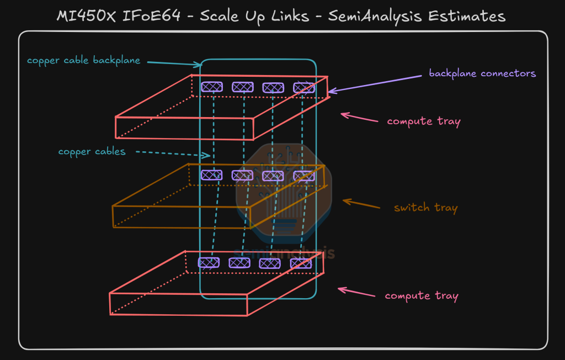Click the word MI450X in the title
tap(86, 16)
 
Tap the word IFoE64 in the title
tap(151, 16)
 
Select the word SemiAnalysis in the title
tap(375, 17)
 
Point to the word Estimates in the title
tap(467, 16)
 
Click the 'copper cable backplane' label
tap(84, 61)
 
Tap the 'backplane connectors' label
tap(482, 73)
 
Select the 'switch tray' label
tap(425, 208)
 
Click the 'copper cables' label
tap(92, 151)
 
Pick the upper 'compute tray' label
tap(424, 121)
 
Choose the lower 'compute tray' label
tap(422, 296)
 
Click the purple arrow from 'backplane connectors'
tap(375, 84)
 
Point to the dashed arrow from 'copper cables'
tap(173, 154)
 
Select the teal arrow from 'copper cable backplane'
tap(174, 63)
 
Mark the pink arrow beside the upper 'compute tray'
tap(359, 117)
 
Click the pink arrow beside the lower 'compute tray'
tap(356, 292)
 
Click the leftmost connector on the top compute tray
tap(212, 87)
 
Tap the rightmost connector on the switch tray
tap(304, 176)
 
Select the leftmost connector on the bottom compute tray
tap(209, 263)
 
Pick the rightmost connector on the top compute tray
tap(304, 88)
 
